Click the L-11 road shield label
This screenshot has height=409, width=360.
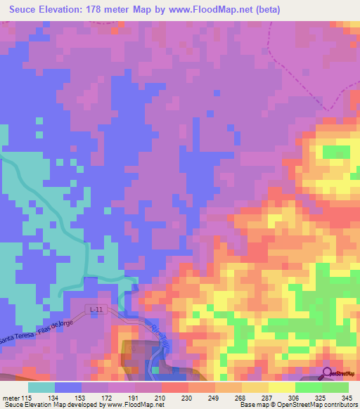coord(97,309)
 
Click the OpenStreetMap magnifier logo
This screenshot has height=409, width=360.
coord(328,372)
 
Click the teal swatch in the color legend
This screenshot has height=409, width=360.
coord(41,387)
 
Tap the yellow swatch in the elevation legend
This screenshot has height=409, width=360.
coord(282,387)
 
